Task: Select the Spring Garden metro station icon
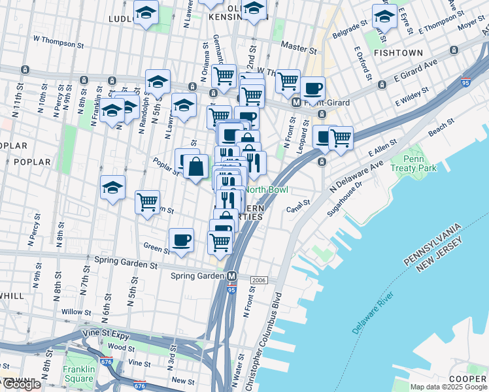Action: [231, 276]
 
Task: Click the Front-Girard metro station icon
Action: [296, 102]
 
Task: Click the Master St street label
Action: [298, 47]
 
